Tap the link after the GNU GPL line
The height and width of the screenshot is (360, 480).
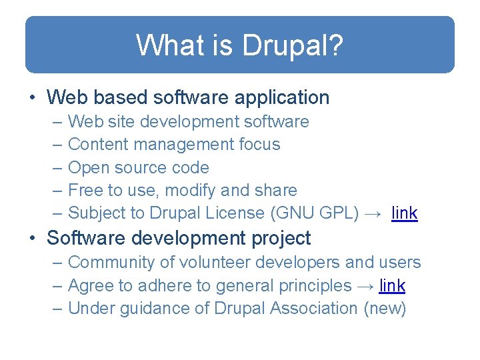pyautogui.click(x=405, y=213)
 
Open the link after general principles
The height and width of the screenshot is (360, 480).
pyautogui.click(x=392, y=285)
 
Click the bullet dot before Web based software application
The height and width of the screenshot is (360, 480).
pyautogui.click(x=33, y=98)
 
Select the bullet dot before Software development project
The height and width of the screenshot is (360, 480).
pyautogui.click(x=33, y=239)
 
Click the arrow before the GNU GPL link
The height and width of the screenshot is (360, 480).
pyautogui.click(x=374, y=214)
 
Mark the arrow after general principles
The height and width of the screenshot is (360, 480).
pyautogui.click(x=365, y=286)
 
